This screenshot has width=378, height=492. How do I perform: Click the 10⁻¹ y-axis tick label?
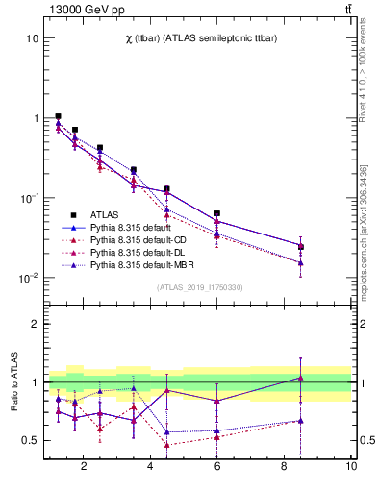click(30, 198)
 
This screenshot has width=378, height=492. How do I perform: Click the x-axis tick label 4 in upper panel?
click(151, 305)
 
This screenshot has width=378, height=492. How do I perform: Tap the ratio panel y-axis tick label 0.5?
click(30, 440)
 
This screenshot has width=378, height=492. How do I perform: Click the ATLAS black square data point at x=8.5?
click(301, 247)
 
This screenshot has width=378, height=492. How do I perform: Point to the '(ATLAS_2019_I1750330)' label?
click(198, 287)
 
